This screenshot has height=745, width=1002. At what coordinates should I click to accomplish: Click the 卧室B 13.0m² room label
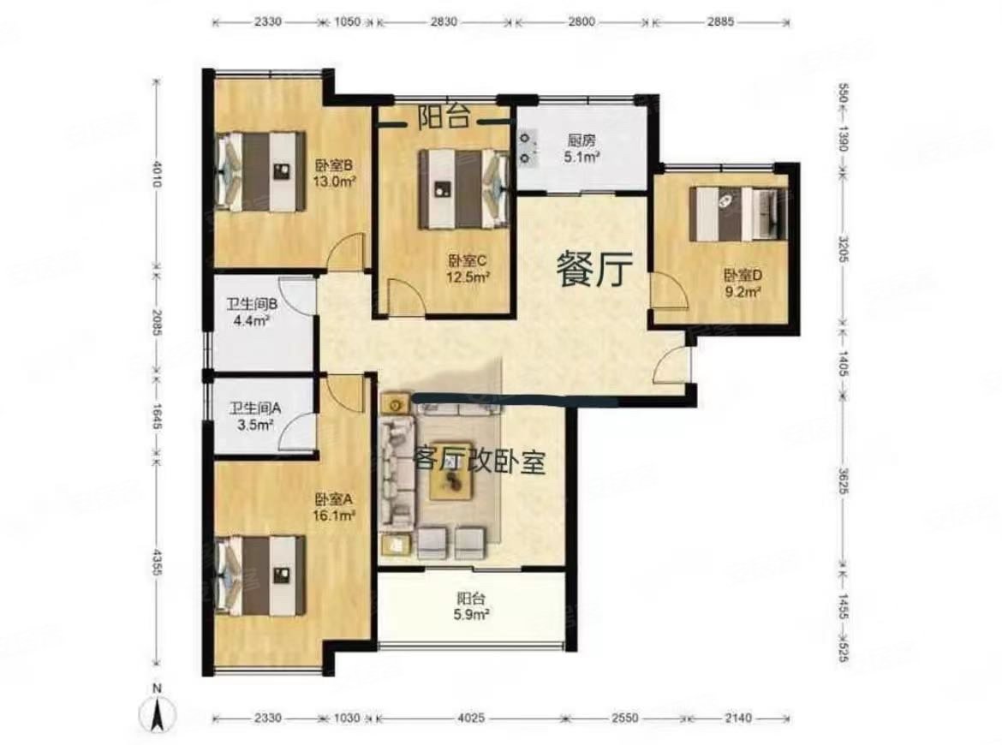click(335, 173)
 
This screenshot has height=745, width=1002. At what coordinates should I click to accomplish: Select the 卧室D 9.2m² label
click(743, 283)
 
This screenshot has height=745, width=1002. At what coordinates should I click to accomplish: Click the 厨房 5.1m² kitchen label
click(580, 149)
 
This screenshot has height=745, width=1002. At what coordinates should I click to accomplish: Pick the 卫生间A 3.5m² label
click(251, 415)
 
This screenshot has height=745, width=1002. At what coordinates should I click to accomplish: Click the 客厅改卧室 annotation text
click(479, 462)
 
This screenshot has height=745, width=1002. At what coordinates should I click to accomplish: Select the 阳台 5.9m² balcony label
click(472, 607)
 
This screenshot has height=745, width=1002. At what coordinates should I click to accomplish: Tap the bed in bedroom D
click(737, 213)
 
